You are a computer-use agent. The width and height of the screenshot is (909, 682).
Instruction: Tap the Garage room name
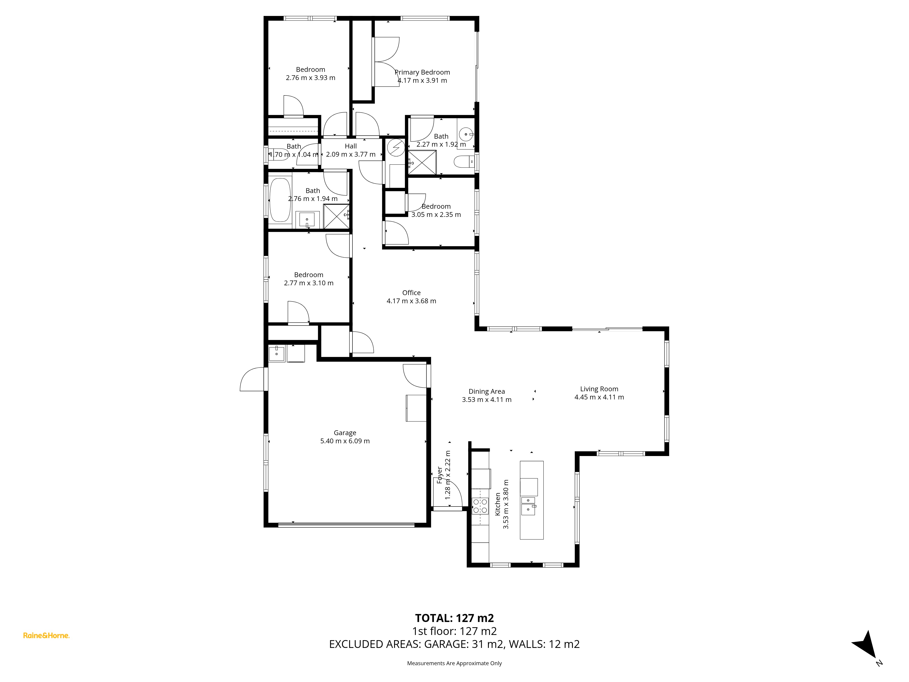click(x=345, y=433)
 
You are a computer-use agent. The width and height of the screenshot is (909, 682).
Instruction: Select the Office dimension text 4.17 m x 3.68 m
click(x=411, y=301)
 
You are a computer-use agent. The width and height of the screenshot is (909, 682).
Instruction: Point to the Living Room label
click(x=599, y=389)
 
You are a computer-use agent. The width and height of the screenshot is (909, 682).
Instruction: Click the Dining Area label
click(x=487, y=391)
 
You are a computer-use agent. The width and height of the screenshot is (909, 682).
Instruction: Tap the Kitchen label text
click(x=498, y=504)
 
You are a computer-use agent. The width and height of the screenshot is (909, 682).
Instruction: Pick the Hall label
click(x=350, y=146)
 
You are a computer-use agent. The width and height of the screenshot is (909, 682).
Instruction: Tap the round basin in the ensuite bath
click(x=466, y=134)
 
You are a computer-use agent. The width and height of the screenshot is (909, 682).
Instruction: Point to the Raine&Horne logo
click(x=46, y=636)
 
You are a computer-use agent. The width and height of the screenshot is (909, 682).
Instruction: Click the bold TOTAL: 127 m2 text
click(x=454, y=618)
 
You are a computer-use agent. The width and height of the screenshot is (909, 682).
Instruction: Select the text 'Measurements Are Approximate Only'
click(x=454, y=663)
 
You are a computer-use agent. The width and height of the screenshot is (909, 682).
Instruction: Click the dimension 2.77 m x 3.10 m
click(x=309, y=283)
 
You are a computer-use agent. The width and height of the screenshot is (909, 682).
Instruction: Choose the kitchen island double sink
click(x=528, y=506)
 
